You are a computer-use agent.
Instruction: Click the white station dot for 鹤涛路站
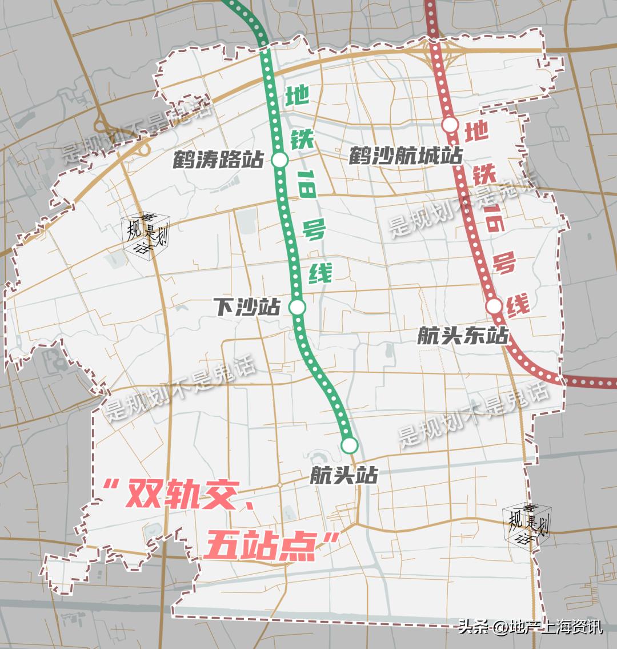pos(280,160)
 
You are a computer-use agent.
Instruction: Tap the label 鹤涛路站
pos(218,160)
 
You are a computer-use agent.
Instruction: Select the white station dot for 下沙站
pos(297,307)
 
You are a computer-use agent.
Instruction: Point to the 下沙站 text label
pos(248,307)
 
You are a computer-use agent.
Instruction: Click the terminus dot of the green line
pos(350,444)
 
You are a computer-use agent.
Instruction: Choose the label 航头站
pos(344,474)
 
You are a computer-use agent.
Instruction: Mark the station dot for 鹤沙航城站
pos(451,124)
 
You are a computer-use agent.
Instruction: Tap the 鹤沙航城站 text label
pos(406,156)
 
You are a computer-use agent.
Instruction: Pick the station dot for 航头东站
pos(494,306)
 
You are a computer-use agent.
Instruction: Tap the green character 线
pos(320,273)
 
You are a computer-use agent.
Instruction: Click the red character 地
pos(476,133)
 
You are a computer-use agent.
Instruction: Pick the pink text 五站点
pos(261,546)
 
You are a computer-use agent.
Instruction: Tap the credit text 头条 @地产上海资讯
pos(530,627)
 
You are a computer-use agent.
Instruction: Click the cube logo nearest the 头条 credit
pos(526,524)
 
